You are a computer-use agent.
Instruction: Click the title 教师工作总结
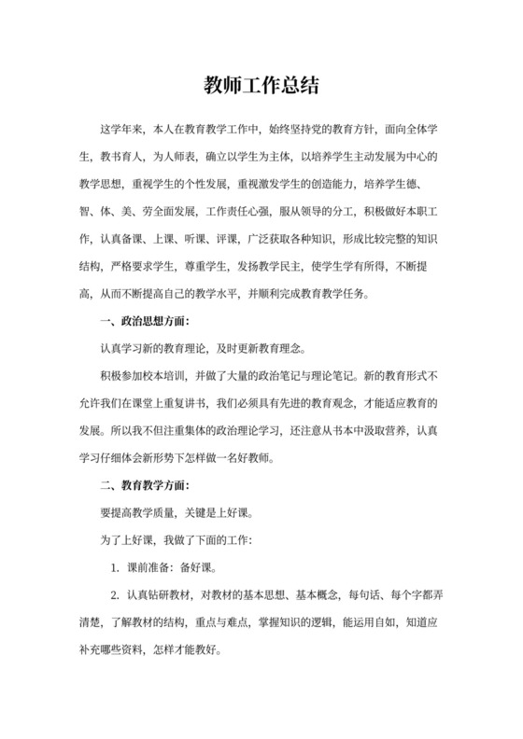[261, 87]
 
